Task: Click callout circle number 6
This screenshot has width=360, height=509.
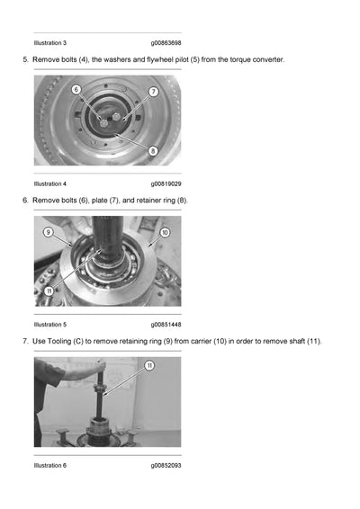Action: tap(76, 89)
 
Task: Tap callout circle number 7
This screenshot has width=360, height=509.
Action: tap(154, 92)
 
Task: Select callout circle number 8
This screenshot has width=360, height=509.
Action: tap(153, 151)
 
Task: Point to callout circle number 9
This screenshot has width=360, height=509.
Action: tap(48, 232)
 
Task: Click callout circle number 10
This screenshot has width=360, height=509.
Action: tap(165, 232)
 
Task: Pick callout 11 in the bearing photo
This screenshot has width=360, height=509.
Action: tap(49, 291)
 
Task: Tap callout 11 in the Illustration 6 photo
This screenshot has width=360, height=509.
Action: tap(149, 366)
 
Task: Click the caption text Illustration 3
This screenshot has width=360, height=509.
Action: tap(50, 43)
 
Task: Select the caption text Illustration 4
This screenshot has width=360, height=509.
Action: tap(50, 183)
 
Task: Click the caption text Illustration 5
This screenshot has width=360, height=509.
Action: tap(50, 325)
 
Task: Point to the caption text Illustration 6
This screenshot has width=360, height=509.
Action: tap(50, 465)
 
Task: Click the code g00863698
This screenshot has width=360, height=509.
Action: tap(166, 43)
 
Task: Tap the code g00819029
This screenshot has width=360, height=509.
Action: tap(166, 184)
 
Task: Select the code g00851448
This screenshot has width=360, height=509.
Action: tap(166, 325)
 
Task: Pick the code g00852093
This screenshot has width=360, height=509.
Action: tap(166, 466)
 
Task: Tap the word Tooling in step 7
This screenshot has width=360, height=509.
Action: tap(59, 342)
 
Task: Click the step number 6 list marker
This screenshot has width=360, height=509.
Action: tap(25, 201)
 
